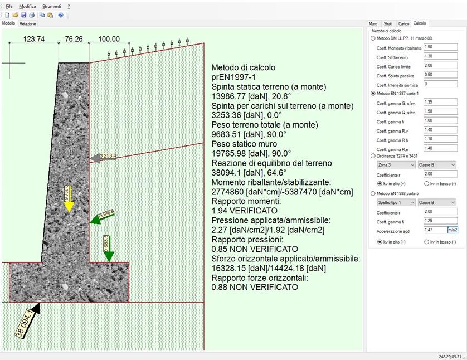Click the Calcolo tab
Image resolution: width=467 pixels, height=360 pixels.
coord(419,24)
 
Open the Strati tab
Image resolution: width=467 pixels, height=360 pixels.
coord(387,24)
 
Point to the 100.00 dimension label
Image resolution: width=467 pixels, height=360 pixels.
coord(109,39)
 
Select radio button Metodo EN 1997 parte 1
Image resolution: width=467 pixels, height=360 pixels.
coord(373,94)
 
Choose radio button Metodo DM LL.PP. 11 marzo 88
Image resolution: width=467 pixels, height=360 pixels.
coord(373,38)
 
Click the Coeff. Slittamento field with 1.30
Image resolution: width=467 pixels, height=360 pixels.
coord(436,57)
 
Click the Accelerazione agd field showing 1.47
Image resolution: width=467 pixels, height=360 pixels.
coord(435,230)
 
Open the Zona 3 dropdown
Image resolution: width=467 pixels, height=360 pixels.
coord(396,165)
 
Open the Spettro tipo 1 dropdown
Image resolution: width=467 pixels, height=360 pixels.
coord(396,202)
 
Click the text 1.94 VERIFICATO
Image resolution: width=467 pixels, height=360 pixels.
coord(244,211)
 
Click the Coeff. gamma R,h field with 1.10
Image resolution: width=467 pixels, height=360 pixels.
coord(436,139)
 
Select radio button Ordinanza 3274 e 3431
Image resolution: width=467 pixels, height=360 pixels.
coord(373,156)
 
